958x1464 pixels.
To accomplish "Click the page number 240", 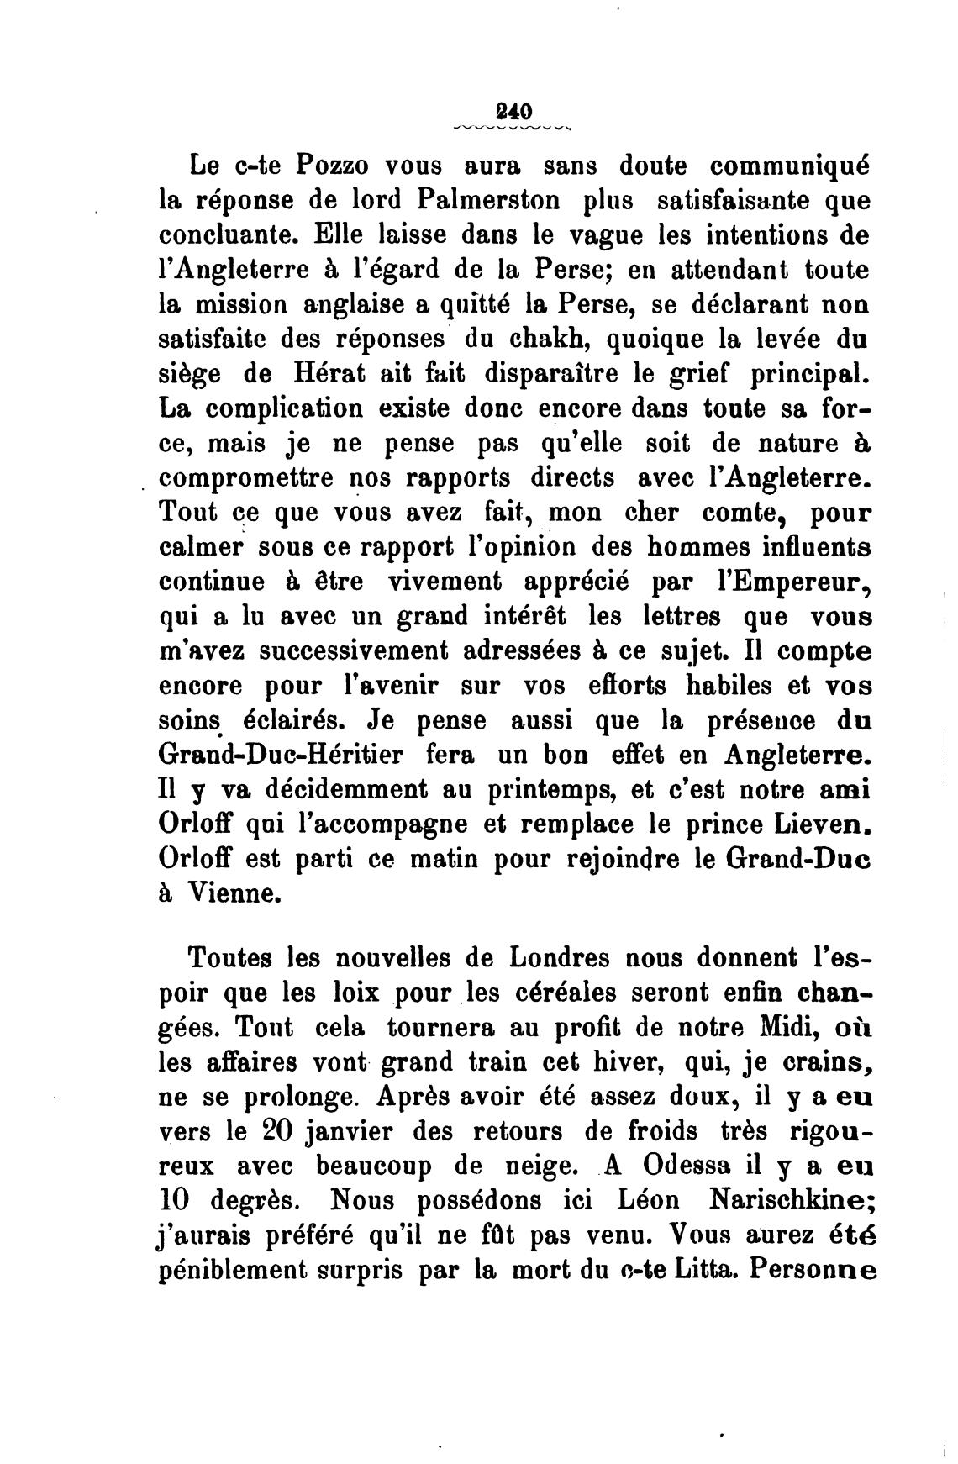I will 512,111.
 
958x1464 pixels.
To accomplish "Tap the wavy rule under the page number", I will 512,129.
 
